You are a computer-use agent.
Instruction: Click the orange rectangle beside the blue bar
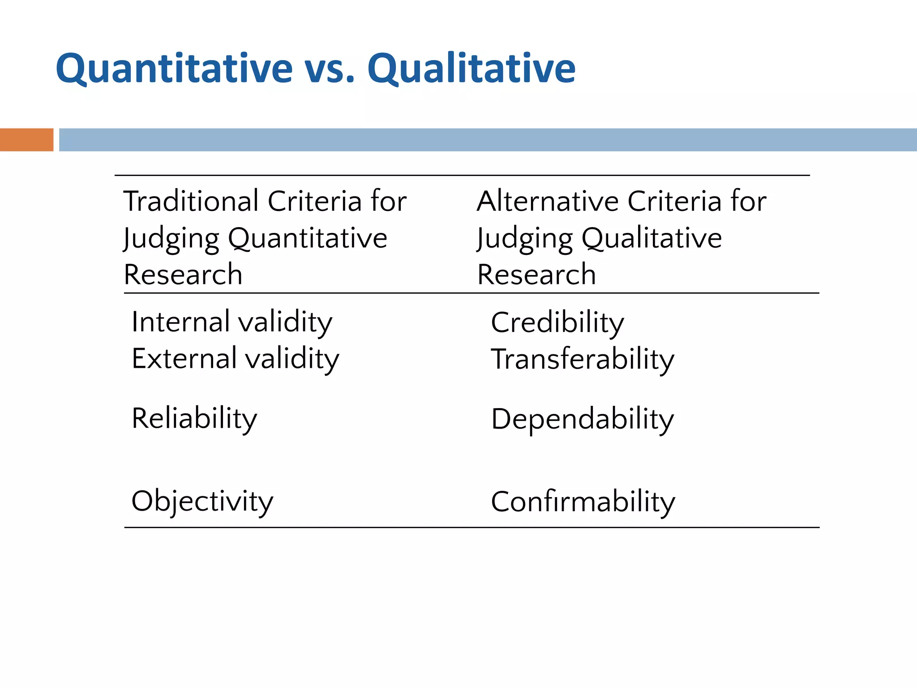click(x=26, y=140)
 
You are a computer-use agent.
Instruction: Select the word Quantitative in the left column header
click(x=308, y=238)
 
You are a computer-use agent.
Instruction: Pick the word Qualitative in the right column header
click(x=651, y=238)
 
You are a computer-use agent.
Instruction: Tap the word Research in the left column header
click(x=183, y=275)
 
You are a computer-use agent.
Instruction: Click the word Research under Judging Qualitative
click(x=536, y=275)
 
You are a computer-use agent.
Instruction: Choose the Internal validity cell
click(x=232, y=322)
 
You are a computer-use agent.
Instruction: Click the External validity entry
click(x=236, y=359)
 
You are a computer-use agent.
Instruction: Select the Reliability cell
click(x=194, y=419)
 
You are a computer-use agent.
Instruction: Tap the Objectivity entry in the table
click(x=202, y=501)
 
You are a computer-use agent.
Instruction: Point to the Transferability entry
click(x=583, y=360)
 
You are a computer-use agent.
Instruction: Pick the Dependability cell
click(x=583, y=419)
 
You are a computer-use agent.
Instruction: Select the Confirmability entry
click(x=583, y=502)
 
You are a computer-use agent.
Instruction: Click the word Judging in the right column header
click(x=525, y=238)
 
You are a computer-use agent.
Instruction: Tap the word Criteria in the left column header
click(x=314, y=201)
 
